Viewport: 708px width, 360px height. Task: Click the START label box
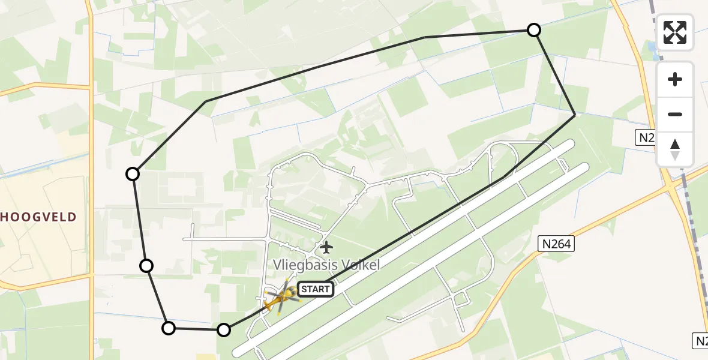point(315,289)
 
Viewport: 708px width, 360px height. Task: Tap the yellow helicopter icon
point(282,296)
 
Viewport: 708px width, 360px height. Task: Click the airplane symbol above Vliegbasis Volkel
point(326,247)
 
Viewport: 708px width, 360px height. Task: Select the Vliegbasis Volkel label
point(326,265)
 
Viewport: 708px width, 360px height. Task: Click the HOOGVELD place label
point(38,217)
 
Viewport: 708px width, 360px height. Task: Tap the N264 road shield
point(556,244)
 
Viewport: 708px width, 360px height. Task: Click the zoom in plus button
point(675,79)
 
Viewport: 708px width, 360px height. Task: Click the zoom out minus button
point(675,115)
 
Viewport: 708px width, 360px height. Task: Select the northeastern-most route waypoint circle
point(533,30)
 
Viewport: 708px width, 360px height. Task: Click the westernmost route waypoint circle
point(133,174)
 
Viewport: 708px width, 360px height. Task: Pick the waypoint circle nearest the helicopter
point(223,329)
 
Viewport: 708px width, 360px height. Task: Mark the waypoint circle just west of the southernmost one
point(169,328)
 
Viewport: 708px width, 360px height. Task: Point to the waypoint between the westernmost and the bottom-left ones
point(146,266)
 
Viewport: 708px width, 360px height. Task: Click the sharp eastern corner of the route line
point(575,114)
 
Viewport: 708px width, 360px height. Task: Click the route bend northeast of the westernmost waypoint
point(206,101)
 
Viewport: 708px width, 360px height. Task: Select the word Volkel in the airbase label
point(361,265)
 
